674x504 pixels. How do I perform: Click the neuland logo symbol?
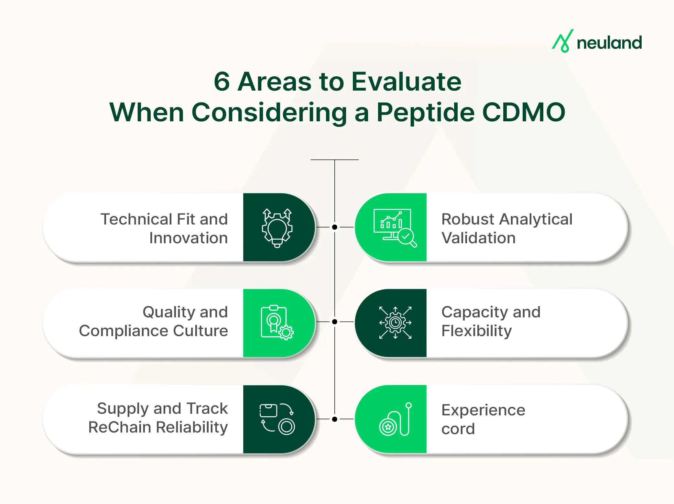click(562, 41)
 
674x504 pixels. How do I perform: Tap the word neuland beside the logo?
click(609, 43)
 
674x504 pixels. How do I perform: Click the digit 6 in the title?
click(222, 82)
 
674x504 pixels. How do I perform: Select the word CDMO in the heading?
click(524, 112)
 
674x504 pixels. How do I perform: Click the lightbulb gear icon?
click(277, 227)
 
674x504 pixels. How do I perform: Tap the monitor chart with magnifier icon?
click(395, 227)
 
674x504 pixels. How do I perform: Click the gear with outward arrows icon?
click(395, 323)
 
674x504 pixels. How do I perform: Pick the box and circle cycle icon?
click(277, 419)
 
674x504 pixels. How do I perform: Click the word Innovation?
click(188, 238)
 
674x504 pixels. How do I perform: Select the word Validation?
click(478, 238)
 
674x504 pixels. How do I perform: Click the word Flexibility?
click(476, 331)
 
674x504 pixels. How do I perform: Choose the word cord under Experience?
click(458, 429)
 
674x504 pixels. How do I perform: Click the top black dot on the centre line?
click(335, 227)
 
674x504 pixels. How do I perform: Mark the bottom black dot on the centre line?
click(335, 419)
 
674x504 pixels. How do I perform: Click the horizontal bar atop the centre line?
click(334, 160)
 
